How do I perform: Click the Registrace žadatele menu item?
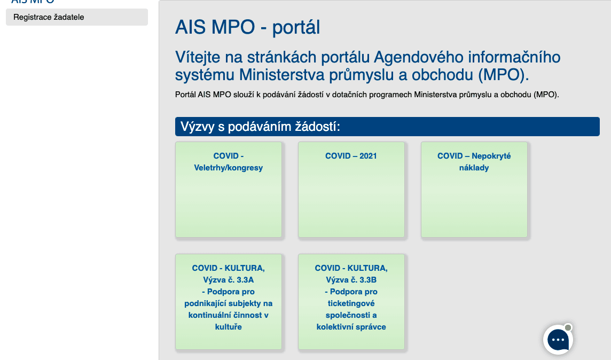click(77, 17)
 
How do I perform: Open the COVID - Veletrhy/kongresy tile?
click(229, 190)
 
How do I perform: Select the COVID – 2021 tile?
click(351, 190)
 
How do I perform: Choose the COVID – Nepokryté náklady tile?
click(474, 190)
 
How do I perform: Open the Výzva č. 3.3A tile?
click(229, 302)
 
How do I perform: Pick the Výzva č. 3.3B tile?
click(351, 302)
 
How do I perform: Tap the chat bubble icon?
click(558, 340)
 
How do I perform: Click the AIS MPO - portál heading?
click(247, 27)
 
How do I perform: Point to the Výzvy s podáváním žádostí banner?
click(387, 127)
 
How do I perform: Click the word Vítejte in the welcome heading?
click(198, 57)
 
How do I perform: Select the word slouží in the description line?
click(244, 95)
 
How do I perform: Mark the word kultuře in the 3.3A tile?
click(229, 327)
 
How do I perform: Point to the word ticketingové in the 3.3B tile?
click(351, 303)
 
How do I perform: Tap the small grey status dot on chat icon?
click(568, 327)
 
